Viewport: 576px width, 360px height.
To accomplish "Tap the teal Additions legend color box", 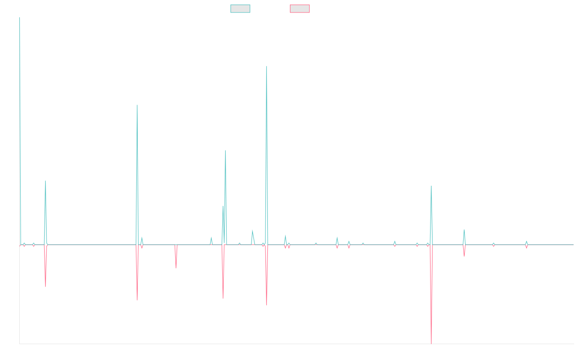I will click(240, 9).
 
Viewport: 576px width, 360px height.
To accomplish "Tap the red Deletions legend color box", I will click(300, 9).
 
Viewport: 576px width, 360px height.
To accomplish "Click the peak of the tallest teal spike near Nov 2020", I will click(266, 66).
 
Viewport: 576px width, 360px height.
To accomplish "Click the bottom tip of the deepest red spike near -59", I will click(432, 343).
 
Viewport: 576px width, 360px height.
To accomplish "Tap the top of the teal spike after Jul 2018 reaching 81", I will click(137, 105).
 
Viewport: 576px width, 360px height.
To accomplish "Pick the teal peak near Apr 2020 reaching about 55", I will click(226, 151).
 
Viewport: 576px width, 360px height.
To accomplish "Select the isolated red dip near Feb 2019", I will click(176, 267).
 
